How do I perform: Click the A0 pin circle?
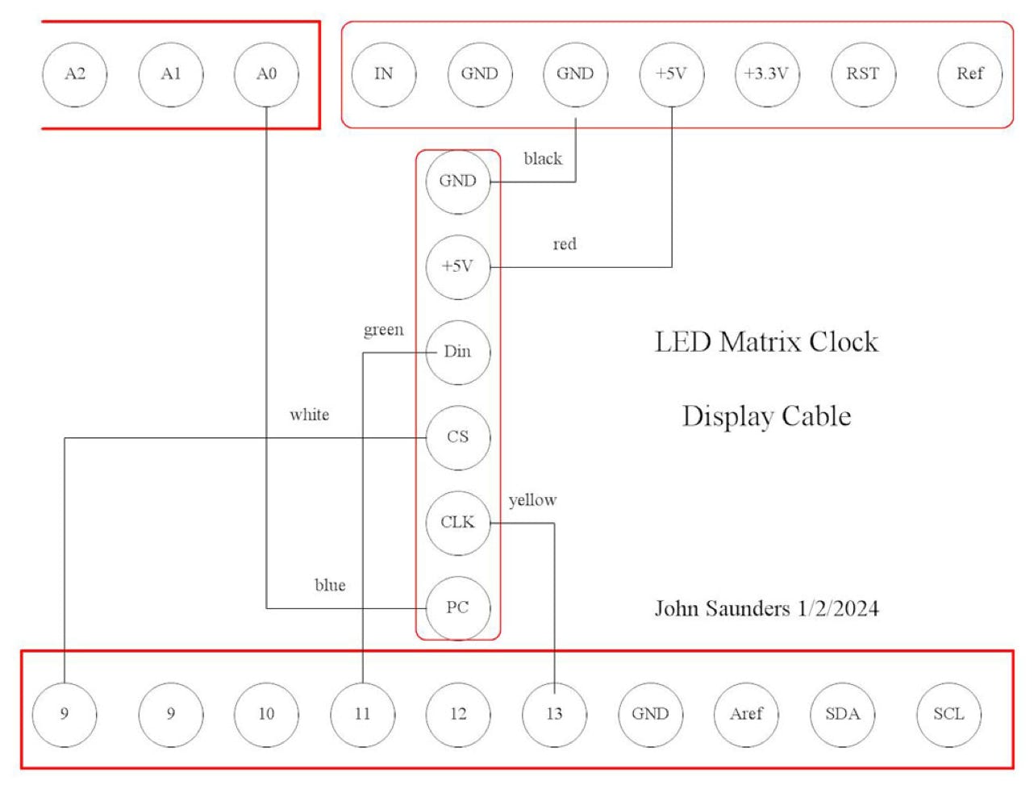coord(266,74)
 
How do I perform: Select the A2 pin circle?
coord(75,74)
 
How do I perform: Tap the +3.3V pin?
coord(766,74)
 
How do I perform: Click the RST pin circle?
coord(862,74)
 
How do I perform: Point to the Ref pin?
coord(969,74)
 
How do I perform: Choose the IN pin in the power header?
coord(384,74)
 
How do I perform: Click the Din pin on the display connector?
coord(457,352)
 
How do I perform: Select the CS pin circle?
coord(457,437)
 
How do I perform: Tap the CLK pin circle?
coord(457,523)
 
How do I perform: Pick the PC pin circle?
coord(457,607)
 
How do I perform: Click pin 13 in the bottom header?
coord(554,714)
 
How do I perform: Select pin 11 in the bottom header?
coord(362,714)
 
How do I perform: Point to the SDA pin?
coord(842,714)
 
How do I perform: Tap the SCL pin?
coord(949,714)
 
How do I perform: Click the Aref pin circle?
coord(746,714)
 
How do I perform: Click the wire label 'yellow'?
coord(532,501)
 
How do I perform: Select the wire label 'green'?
coord(383,330)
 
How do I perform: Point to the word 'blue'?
coord(330,585)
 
